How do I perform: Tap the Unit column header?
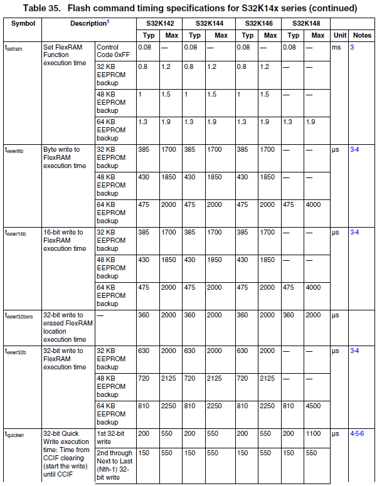340,35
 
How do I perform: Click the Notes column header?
361,35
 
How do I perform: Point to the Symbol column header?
23,23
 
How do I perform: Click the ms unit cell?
336,48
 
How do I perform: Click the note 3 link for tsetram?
352,48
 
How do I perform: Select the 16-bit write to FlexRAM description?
63,240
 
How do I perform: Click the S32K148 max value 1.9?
311,122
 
